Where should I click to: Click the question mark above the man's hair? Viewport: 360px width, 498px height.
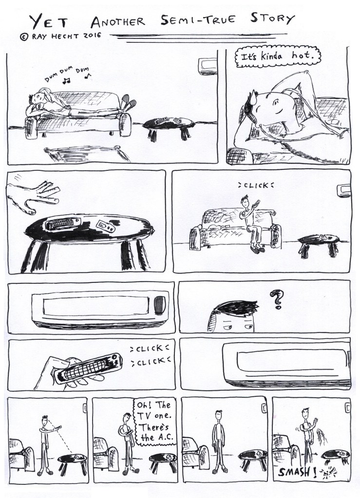[x=276, y=299]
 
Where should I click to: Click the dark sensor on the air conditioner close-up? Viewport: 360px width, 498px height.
[x=160, y=305]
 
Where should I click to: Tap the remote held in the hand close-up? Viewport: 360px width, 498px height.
[x=88, y=368]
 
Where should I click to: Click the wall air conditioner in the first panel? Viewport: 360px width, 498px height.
[x=207, y=66]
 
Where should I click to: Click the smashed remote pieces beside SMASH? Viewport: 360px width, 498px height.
[x=328, y=472]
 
